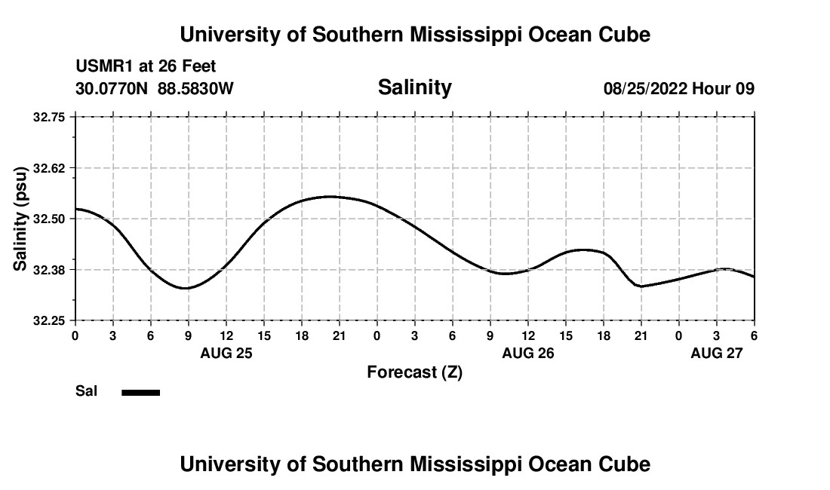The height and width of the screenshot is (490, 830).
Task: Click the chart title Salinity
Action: (414, 87)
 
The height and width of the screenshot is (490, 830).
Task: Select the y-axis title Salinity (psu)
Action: (21, 219)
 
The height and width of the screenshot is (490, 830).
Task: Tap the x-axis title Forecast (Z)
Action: (414, 372)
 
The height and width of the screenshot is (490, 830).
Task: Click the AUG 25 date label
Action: (226, 353)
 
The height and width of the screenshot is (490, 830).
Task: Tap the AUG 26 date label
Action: (527, 353)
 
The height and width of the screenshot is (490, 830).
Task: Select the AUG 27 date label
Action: (716, 353)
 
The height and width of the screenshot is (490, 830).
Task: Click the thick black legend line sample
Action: (141, 392)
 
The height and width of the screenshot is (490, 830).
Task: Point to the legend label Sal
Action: (85, 391)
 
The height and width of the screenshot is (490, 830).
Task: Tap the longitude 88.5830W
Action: (195, 89)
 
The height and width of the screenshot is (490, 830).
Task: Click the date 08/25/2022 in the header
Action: (645, 89)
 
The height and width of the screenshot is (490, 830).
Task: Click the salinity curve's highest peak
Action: (330, 196)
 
